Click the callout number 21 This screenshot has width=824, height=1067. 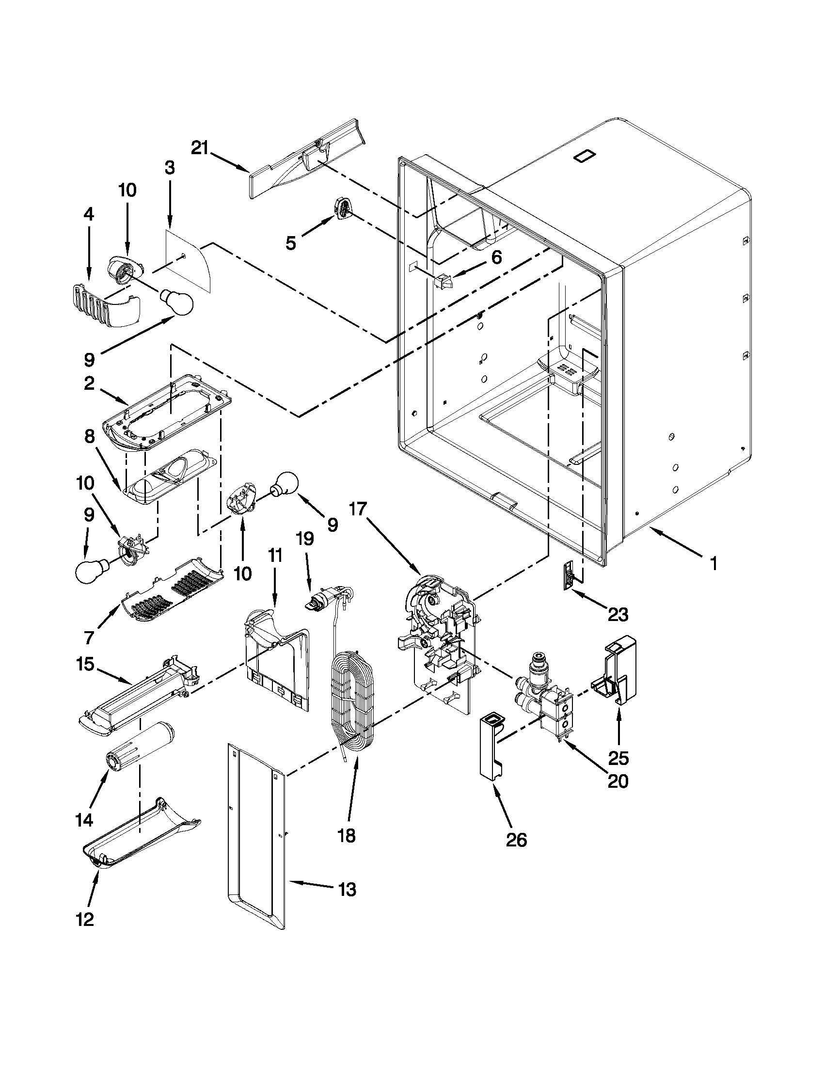point(199,147)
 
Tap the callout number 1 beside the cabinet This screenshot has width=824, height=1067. point(713,564)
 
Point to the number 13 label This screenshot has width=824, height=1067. point(347,890)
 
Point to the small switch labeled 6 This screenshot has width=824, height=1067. point(444,282)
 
